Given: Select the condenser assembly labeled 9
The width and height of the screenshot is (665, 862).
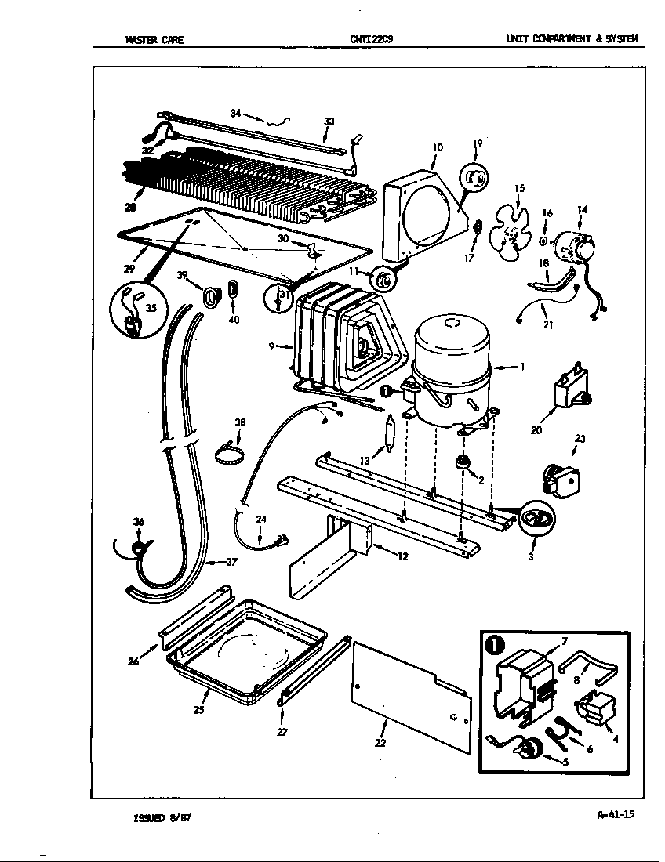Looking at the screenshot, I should tap(337, 341).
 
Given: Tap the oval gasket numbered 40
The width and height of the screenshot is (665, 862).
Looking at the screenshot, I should tap(233, 289).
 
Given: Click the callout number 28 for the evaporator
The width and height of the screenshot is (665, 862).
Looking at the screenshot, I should tap(129, 208).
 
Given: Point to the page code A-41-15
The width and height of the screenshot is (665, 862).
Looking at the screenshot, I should tap(615, 814).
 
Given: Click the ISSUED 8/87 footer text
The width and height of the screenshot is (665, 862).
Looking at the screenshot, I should tap(162, 818).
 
